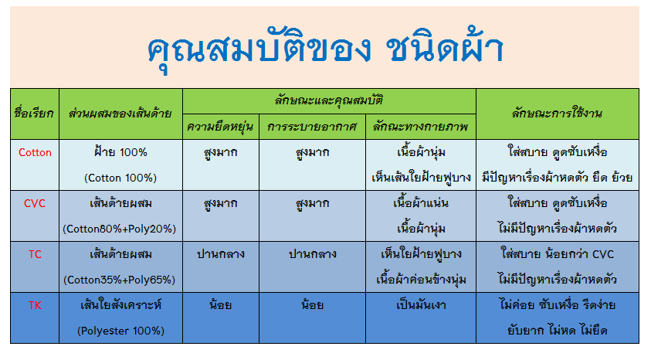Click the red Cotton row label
[35, 152]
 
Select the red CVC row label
[35, 203]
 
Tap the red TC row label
[35, 254]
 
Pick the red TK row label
[35, 305]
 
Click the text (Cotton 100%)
[120, 178]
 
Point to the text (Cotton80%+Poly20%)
[120, 229]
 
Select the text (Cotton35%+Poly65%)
[120, 280]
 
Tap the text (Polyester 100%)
[120, 331]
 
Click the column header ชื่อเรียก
[34, 114]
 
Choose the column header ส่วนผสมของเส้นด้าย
[120, 114]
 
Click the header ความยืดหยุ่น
[220, 127]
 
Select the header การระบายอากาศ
[312, 127]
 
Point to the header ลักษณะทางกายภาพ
[421, 127]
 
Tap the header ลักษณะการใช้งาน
[557, 114]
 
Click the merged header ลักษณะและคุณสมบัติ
[329, 100]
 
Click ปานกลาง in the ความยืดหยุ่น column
[220, 254]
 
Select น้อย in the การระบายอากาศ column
[312, 304]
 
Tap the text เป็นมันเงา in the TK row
[421, 305]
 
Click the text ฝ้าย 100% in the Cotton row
[120, 151]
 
